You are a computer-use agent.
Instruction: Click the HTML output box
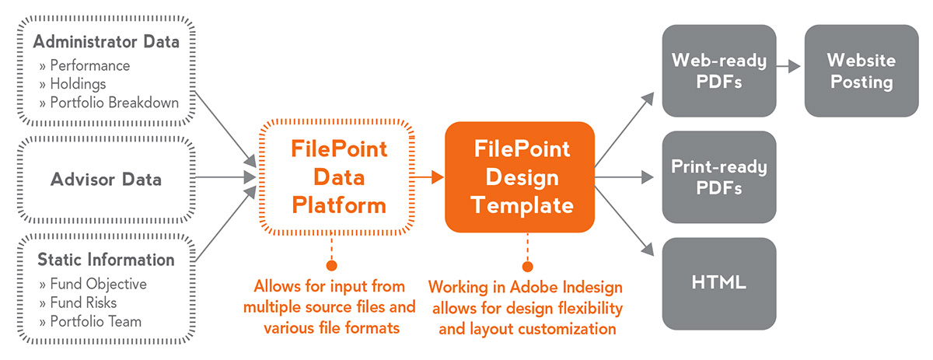coord(719,284)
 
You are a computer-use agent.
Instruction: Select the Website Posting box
coord(861,71)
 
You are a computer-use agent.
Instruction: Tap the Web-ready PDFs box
coord(719,71)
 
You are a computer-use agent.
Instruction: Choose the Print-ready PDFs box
coord(719,177)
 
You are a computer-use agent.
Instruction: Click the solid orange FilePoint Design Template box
coord(520,177)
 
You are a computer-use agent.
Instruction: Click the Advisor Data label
coord(106,180)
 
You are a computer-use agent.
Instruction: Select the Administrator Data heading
coord(107,42)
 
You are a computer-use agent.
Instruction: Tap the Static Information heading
coord(106,260)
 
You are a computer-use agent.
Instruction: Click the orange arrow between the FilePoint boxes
coord(428,177)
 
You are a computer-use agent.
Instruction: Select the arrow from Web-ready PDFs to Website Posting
coord(788,66)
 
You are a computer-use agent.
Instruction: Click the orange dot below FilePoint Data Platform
coord(331,265)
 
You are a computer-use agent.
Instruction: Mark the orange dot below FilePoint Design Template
coord(527,266)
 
